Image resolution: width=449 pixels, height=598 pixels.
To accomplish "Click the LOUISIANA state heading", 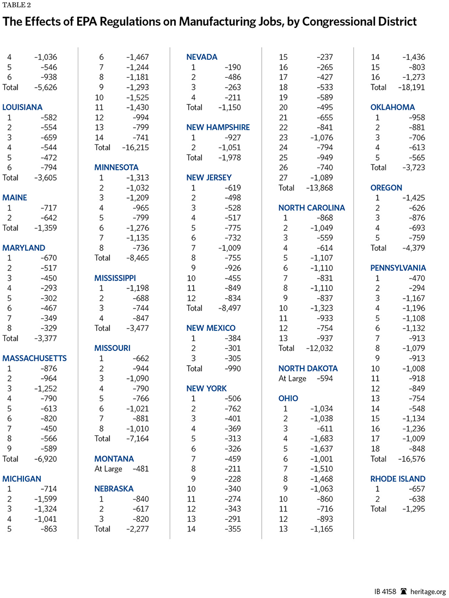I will [22, 107].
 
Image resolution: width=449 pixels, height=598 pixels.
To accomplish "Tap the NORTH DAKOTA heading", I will [308, 368].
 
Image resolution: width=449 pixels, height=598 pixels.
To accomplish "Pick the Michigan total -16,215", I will [134, 147].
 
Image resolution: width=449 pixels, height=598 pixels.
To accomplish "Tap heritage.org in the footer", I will [427, 590].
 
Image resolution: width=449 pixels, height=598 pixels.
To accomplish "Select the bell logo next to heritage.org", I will [403, 590].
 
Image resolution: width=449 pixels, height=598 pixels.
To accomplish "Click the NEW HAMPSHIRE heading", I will [218, 127].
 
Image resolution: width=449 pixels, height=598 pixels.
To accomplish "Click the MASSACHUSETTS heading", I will [35, 358].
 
